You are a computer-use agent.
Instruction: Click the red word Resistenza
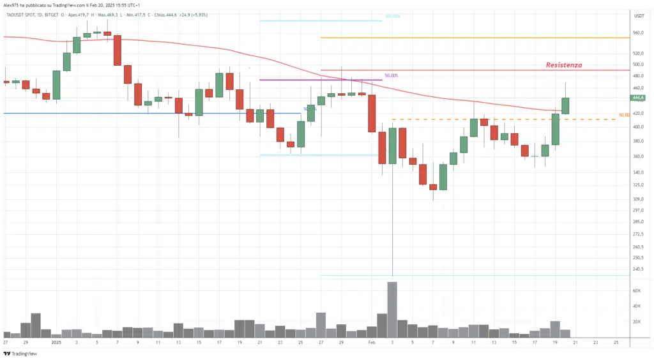pos(563,65)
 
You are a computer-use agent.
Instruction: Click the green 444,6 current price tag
pos(637,98)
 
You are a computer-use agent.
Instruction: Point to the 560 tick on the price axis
pos(637,33)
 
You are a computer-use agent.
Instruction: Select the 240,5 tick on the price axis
pos(638,269)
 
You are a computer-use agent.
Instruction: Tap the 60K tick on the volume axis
pos(637,290)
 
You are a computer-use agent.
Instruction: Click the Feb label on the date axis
pos(372,343)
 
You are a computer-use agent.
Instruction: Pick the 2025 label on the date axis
pos(56,343)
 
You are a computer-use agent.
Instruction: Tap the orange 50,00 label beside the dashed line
pos(625,115)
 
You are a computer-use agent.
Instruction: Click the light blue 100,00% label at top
pos(392,17)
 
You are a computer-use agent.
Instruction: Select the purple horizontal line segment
pos(319,80)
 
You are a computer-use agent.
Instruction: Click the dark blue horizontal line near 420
pos(128,113)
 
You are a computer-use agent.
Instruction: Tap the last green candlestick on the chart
pos(565,106)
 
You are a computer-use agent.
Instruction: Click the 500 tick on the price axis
pos(637,64)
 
